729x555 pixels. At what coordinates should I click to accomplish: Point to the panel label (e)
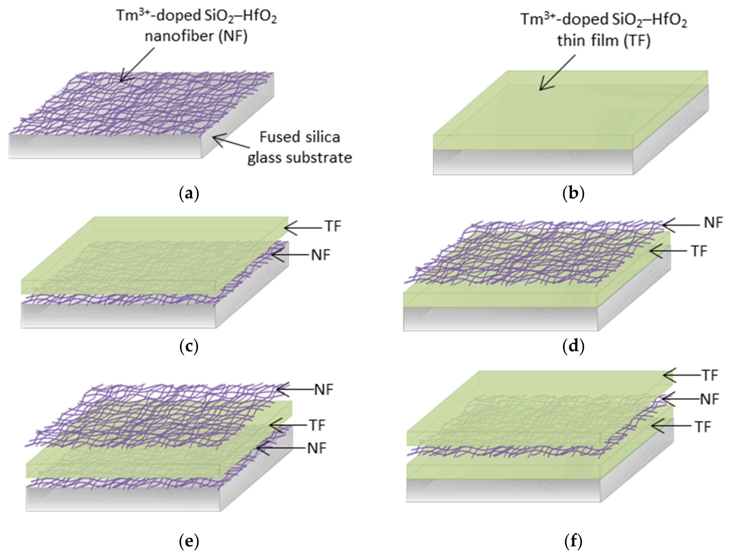189,541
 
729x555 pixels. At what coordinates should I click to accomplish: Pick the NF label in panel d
713,223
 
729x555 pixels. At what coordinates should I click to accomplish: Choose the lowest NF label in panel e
317,448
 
